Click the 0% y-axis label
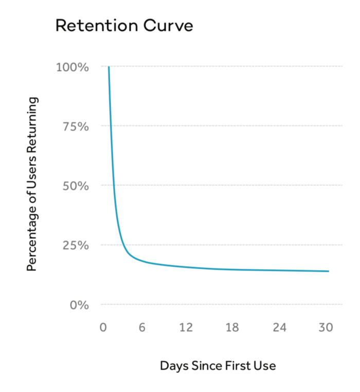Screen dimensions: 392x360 coord(80,305)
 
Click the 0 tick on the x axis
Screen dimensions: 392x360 coord(103,328)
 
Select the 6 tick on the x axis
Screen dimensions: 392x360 coord(142,328)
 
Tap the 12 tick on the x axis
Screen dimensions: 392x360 coord(186,328)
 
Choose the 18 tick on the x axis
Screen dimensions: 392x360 coord(232,328)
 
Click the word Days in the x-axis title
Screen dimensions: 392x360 coord(174,366)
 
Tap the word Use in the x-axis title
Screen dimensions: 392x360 coord(266,366)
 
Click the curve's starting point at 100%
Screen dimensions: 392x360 coord(109,67)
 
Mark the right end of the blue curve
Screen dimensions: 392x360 coord(328,271)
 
